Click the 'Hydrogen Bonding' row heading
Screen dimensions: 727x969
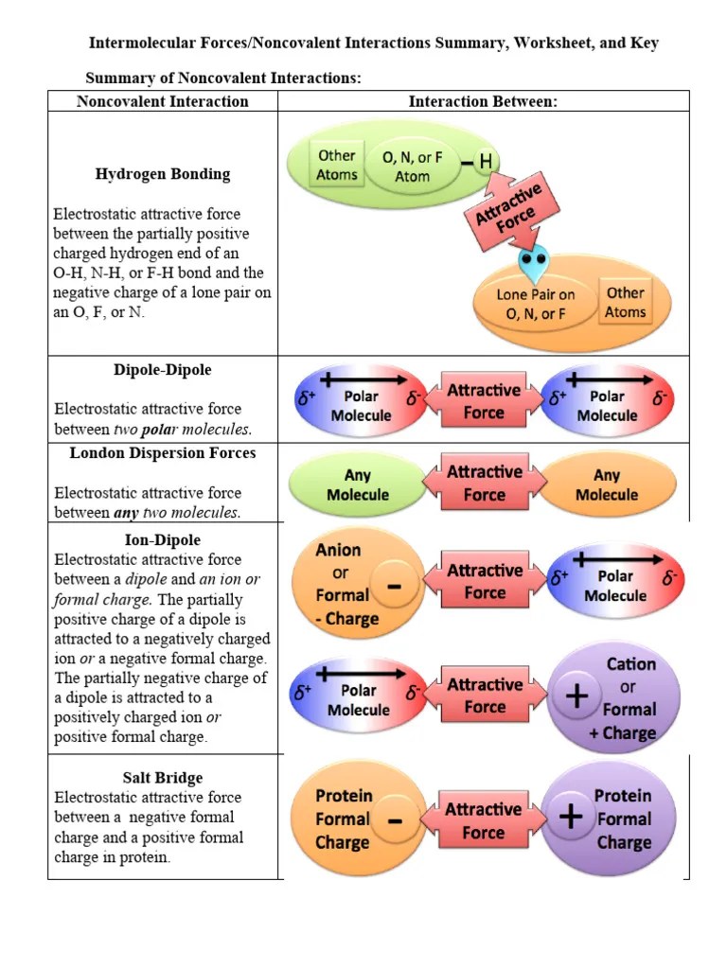click(x=163, y=174)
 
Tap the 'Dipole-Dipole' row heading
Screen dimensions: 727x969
click(x=163, y=370)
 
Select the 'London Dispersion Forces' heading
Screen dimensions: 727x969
click(x=163, y=453)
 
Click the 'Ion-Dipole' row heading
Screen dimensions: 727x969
click(x=163, y=539)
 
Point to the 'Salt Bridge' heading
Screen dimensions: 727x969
click(x=163, y=778)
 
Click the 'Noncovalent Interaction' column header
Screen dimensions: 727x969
click(x=163, y=101)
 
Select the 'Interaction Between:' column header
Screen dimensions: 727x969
click(x=483, y=101)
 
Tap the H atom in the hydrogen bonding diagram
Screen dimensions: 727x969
click(x=486, y=162)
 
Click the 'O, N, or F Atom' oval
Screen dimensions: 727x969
click(x=413, y=167)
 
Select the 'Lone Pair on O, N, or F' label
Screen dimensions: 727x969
click(x=536, y=304)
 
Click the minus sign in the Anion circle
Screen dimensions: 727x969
click(x=395, y=586)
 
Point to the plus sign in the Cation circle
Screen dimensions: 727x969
click(x=576, y=696)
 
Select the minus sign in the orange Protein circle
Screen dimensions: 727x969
click(x=395, y=821)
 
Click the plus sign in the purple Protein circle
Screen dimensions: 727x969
click(x=571, y=817)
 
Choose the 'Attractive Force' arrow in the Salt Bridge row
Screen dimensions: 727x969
click(x=484, y=820)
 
